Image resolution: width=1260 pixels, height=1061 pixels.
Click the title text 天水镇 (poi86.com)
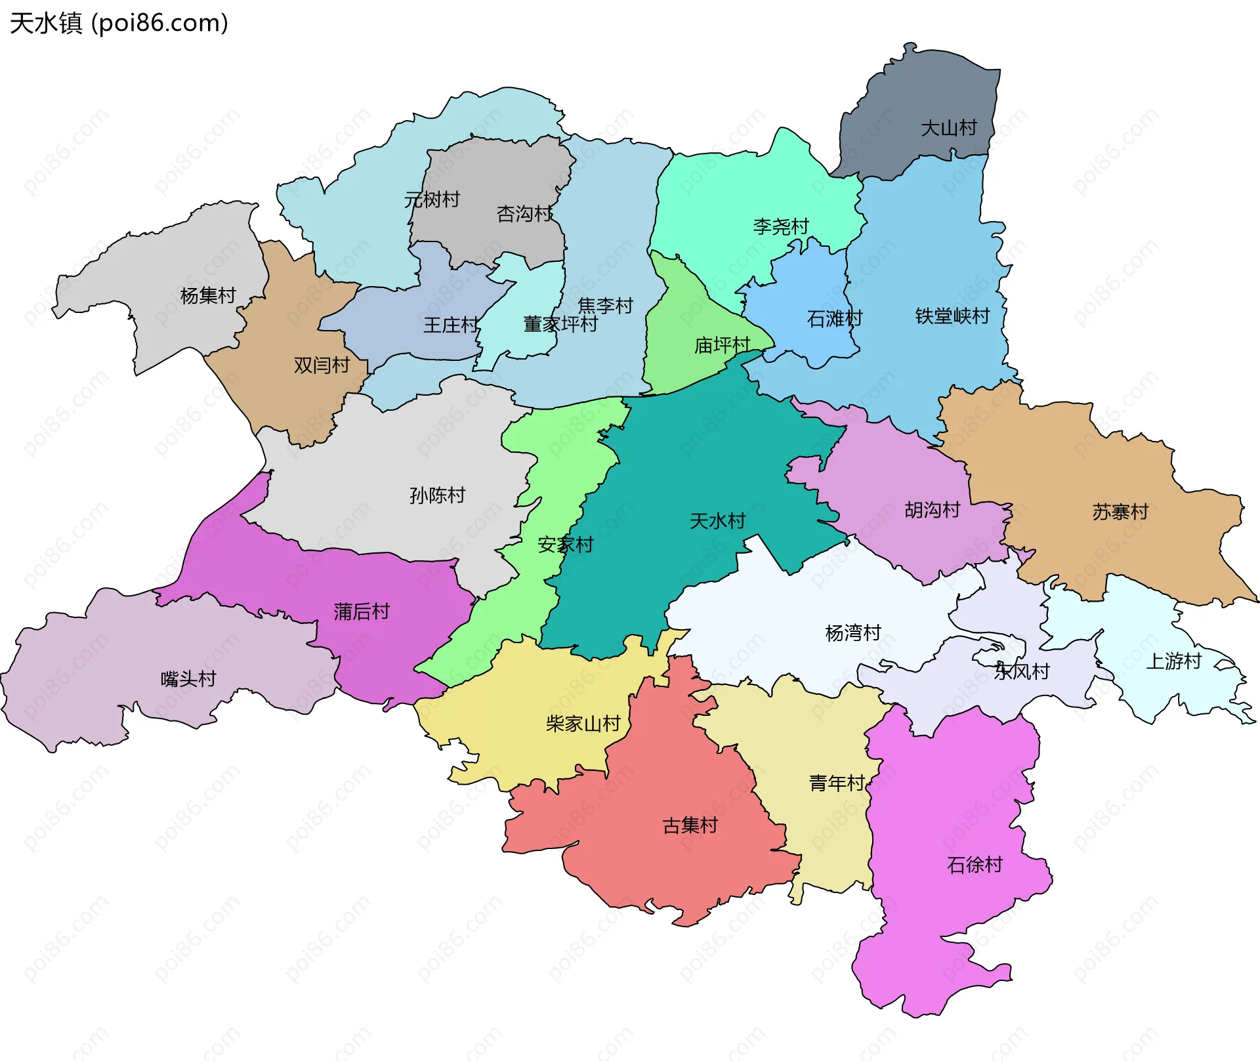click(x=119, y=24)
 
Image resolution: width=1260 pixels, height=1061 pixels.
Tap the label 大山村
click(x=949, y=128)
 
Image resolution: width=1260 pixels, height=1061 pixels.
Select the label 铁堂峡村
click(x=952, y=316)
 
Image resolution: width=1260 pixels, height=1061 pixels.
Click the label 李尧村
click(x=781, y=227)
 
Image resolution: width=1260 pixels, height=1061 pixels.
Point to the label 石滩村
click(x=834, y=319)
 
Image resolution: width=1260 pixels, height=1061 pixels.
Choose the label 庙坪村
click(x=722, y=345)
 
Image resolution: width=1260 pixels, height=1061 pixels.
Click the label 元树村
click(x=432, y=199)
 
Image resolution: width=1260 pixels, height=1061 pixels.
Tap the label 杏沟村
click(x=525, y=214)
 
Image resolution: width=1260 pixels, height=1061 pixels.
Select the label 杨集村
click(x=208, y=296)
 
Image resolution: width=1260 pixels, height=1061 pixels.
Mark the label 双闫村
click(x=322, y=365)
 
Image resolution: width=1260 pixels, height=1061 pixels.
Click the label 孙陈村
click(x=437, y=495)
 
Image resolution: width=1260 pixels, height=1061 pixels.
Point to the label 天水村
click(x=717, y=521)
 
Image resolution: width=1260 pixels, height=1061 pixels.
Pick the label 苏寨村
click(x=1120, y=512)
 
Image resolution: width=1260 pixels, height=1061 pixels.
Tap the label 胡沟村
click(x=932, y=510)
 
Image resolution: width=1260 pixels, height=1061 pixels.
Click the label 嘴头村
click(x=188, y=678)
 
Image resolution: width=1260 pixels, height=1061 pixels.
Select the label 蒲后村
click(x=362, y=612)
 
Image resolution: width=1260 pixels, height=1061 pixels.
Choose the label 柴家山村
click(x=583, y=724)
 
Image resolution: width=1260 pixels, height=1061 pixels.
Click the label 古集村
click(x=690, y=825)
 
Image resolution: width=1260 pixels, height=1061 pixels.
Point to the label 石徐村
click(x=975, y=865)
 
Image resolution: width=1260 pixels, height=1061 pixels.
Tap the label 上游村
click(x=1173, y=661)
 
